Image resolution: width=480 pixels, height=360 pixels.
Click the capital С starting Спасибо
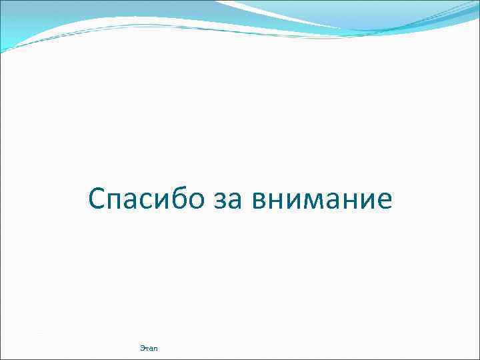pyautogui.click(x=97, y=199)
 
